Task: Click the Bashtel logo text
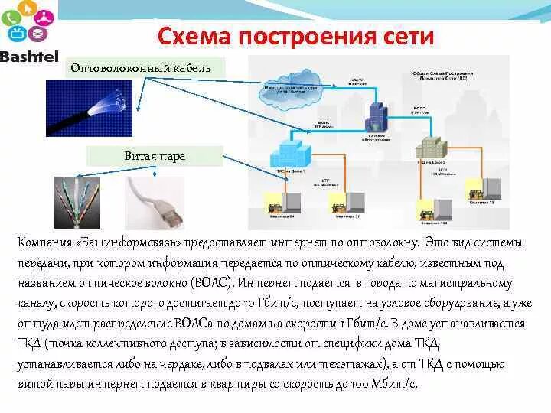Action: (x=29, y=57)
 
